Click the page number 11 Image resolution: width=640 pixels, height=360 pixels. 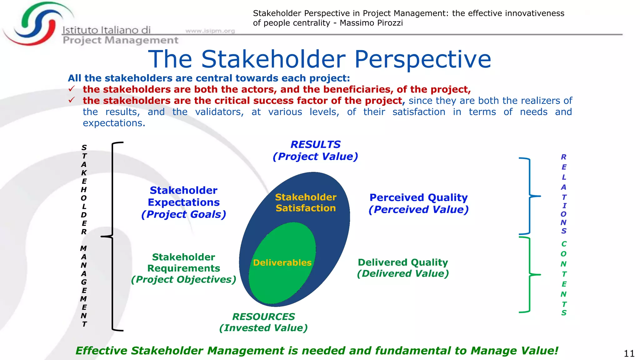tap(629, 353)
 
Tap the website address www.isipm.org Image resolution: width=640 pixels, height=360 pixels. tap(210, 31)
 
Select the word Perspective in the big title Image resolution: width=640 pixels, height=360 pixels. tap(422, 59)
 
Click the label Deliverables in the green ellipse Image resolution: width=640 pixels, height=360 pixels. tap(282, 262)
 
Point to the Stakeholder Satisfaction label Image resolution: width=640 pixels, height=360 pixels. tap(306, 202)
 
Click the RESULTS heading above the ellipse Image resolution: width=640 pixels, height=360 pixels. tap(315, 144)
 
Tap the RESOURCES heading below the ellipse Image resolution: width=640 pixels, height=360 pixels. tap(263, 317)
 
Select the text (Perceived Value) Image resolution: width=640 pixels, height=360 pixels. tap(418, 209)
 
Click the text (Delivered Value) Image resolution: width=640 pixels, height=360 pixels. tap(403, 273)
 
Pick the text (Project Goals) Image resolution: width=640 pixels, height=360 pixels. tap(183, 214)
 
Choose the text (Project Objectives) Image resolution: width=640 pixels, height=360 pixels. tap(183, 279)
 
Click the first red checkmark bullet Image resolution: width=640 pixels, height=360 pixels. tap(72, 89)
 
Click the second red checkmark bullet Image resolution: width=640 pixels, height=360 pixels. tap(72, 100)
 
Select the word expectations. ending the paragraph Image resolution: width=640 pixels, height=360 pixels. tap(114, 123)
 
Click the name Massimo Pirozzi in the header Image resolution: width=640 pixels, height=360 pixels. tap(371, 23)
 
